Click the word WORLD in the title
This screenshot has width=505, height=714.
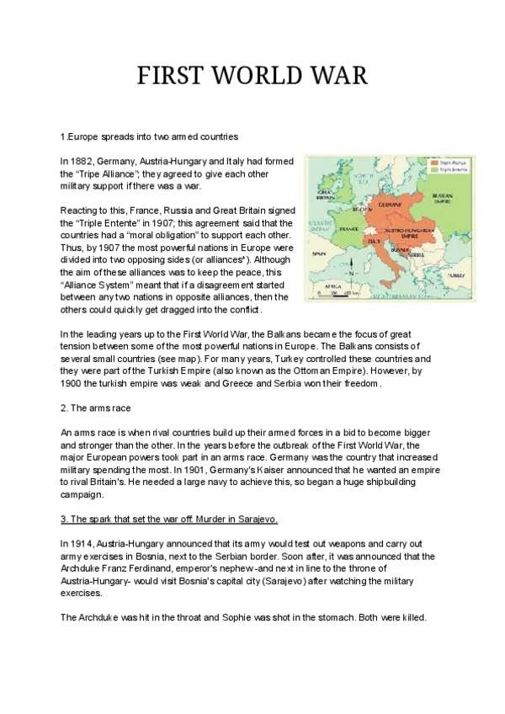pos(252,75)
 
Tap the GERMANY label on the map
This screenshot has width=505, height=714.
pos(390,205)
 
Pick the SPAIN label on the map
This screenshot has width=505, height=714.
pos(319,253)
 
